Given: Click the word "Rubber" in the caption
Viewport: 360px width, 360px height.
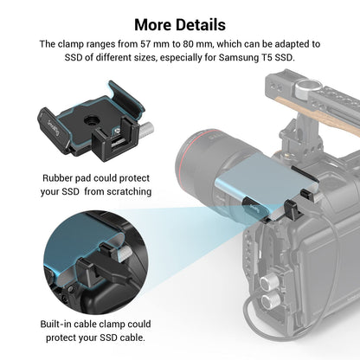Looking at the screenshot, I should tap(61, 178).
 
